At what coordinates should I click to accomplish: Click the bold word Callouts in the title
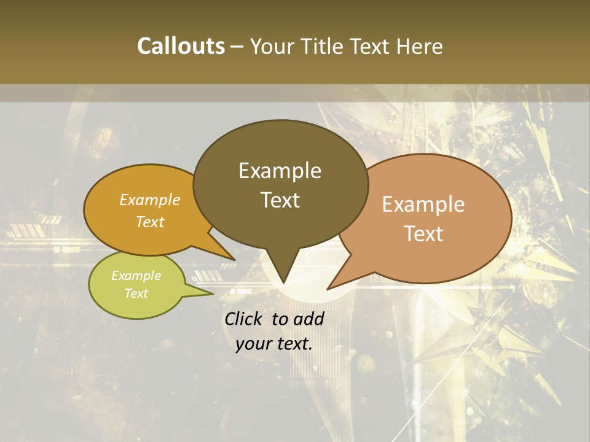(181, 46)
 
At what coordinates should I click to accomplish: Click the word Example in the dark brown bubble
(280, 171)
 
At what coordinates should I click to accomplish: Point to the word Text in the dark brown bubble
(280, 200)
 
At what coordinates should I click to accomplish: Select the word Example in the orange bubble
(150, 200)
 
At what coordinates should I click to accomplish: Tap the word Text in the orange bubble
(150, 222)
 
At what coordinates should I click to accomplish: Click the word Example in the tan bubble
(423, 204)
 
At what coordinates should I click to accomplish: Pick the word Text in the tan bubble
(423, 234)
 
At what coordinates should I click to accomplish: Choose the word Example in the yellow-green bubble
(136, 276)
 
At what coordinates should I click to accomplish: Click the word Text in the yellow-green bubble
(136, 293)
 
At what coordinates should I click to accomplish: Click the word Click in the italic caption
(244, 319)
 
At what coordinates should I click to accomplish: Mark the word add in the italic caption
(308, 319)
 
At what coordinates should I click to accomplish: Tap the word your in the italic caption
(253, 344)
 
